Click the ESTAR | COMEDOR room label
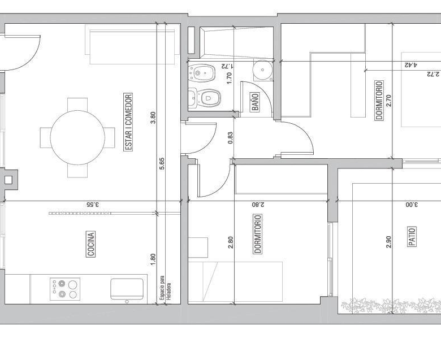[128, 122]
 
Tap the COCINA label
[90, 244]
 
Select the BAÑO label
[254, 102]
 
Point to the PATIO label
[412, 236]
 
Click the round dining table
[77, 137]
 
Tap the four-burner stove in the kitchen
[65, 289]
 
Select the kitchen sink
[127, 289]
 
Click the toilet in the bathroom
[205, 98]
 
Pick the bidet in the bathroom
[202, 73]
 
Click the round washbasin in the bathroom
[262, 70]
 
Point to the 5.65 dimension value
[162, 164]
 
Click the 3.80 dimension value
[153, 118]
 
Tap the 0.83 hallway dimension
[230, 138]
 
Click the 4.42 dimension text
[411, 65]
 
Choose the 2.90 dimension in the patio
[388, 242]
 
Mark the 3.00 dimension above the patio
[412, 205]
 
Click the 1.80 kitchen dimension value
[153, 259]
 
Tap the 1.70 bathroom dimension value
[229, 78]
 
